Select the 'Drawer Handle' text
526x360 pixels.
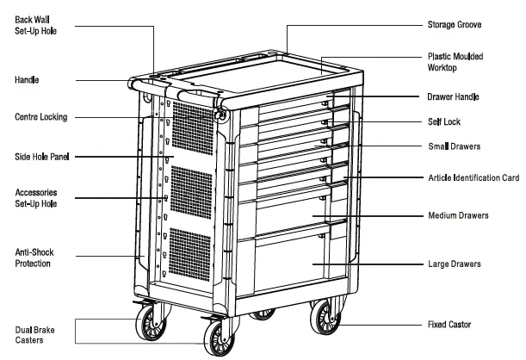(x=459, y=97)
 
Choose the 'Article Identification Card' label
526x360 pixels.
(x=473, y=177)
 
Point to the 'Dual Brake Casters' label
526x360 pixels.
(x=33, y=333)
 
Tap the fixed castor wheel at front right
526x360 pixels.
(x=325, y=320)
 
